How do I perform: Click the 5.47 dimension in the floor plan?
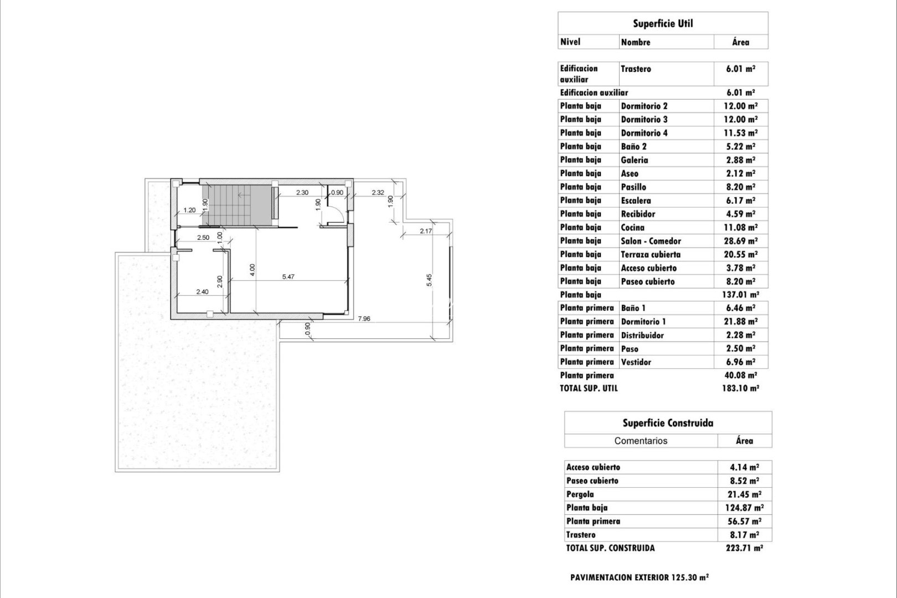pyautogui.click(x=288, y=277)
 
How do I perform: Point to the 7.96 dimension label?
pyautogui.click(x=364, y=318)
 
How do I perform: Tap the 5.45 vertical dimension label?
pyautogui.click(x=429, y=280)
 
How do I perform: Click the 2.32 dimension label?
pyautogui.click(x=378, y=193)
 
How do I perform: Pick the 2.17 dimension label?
pyautogui.click(x=426, y=231)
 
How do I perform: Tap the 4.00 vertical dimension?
pyautogui.click(x=252, y=270)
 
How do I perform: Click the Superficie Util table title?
pyautogui.click(x=663, y=23)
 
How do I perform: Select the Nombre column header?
pyautogui.click(x=636, y=42)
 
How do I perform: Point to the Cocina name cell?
pyautogui.click(x=632, y=228)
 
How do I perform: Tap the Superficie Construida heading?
pyautogui.click(x=668, y=423)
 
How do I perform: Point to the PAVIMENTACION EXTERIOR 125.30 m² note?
pyautogui.click(x=640, y=578)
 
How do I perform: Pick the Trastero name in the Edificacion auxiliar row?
pyautogui.click(x=636, y=69)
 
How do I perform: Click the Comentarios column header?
pyautogui.click(x=641, y=441)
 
